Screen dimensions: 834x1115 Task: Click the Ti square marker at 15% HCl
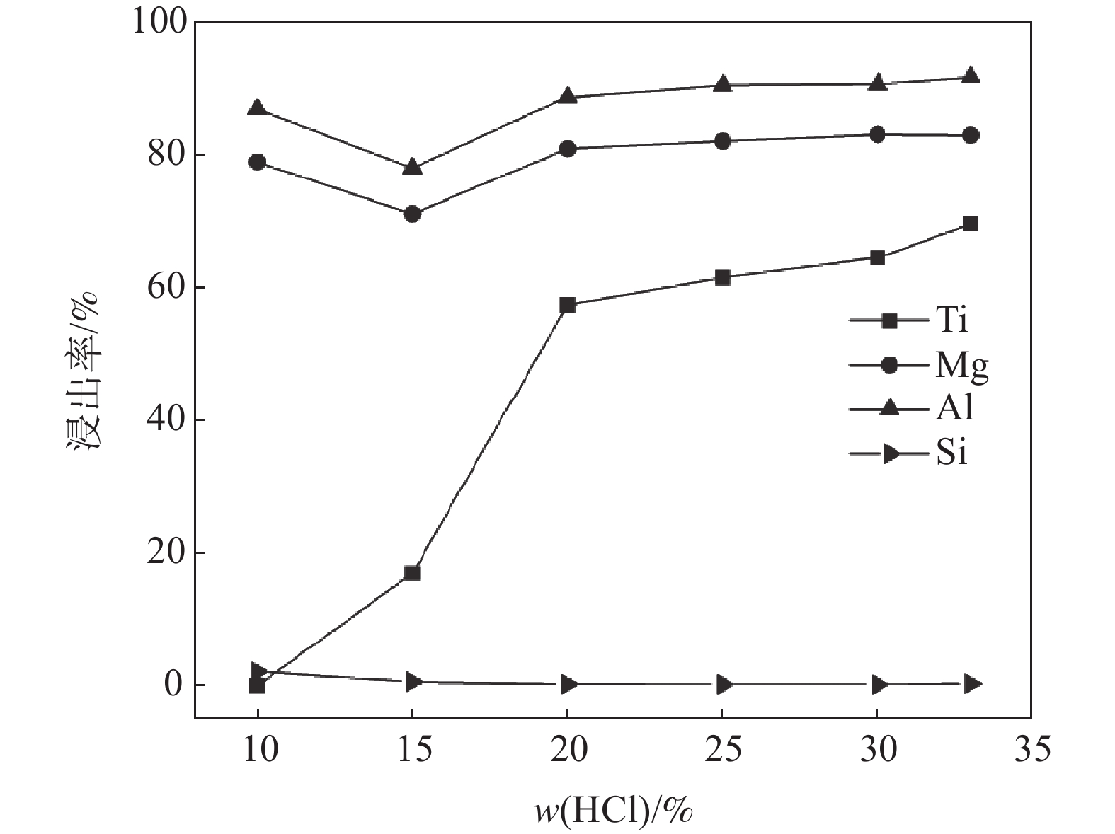[412, 573]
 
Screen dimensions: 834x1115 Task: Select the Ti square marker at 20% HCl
[567, 305]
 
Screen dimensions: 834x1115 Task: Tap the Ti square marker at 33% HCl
[971, 224]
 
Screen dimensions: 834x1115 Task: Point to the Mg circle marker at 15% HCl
[412, 214]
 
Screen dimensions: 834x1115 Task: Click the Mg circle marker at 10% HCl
[258, 162]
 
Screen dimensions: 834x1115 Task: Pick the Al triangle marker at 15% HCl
[412, 168]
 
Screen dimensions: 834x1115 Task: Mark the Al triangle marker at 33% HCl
[971, 76]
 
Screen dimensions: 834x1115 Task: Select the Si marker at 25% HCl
[723, 684]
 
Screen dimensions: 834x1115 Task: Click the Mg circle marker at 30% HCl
[877, 134]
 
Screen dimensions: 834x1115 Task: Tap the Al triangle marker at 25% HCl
[722, 84]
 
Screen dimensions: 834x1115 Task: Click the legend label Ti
[951, 320]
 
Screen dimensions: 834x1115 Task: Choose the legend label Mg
[962, 365]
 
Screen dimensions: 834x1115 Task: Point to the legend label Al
[954, 408]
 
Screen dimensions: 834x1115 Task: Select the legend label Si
[951, 453]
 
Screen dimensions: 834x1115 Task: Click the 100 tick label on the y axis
[159, 23]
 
